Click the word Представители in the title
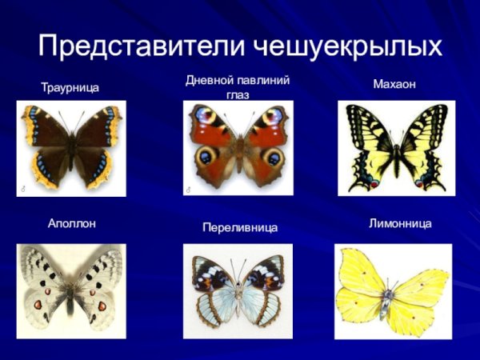coord(144,46)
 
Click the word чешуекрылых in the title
coord(350,46)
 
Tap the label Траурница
coord(70,87)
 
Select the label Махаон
coord(394,84)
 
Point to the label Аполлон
coord(72,224)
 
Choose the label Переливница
coord(240,229)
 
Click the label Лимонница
coord(400,224)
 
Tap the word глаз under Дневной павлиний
coord(238,94)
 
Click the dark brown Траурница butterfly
coord(71,148)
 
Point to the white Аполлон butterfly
coord(71,288)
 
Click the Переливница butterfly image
coord(238,292)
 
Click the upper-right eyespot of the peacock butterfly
coord(272,117)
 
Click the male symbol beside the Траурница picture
coord(22,190)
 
